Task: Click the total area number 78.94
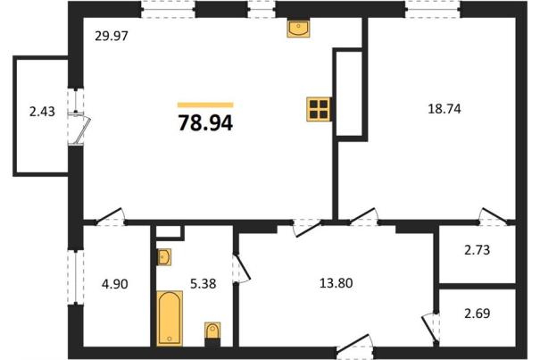pyautogui.click(x=205, y=122)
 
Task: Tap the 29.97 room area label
pyautogui.click(x=112, y=36)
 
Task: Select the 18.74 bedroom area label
pyautogui.click(x=444, y=109)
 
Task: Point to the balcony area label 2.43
pyautogui.click(x=42, y=112)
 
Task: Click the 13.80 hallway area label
pyautogui.click(x=336, y=283)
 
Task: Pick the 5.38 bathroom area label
pyautogui.click(x=204, y=283)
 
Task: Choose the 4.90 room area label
pyautogui.click(x=115, y=284)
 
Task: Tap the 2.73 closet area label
pyautogui.click(x=477, y=249)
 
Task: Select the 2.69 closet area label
pyautogui.click(x=477, y=314)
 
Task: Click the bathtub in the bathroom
pyautogui.click(x=170, y=318)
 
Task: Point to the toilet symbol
pyautogui.click(x=212, y=334)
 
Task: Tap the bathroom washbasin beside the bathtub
pyautogui.click(x=164, y=257)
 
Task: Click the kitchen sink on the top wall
pyautogui.click(x=298, y=28)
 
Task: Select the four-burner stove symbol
pyautogui.click(x=319, y=109)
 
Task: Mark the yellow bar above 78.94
pyautogui.click(x=205, y=105)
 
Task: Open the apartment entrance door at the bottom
pyautogui.click(x=354, y=344)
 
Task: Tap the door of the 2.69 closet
pyautogui.click(x=430, y=329)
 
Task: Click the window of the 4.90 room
pyautogui.click(x=75, y=277)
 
